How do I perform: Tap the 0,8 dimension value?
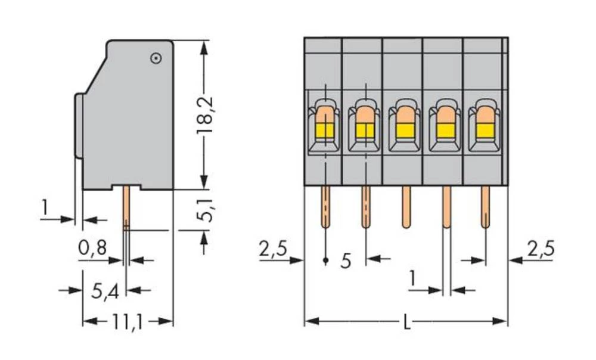[92, 247]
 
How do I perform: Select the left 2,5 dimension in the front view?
[272, 249]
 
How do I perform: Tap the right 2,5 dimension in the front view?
[541, 249]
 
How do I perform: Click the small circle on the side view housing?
[156, 58]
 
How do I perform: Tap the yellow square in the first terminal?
[325, 131]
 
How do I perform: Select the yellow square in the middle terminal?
[405, 131]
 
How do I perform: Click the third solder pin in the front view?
[405, 206]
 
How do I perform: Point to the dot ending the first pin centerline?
[325, 260]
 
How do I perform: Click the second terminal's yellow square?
[365, 131]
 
